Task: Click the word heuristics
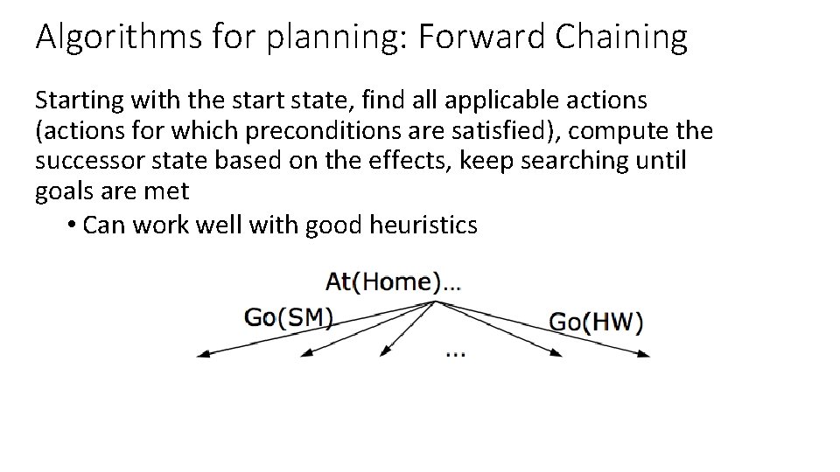(423, 226)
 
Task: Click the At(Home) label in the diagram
(393, 282)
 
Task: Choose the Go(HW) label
(595, 322)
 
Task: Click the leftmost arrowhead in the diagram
(202, 354)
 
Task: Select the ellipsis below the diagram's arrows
(455, 353)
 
